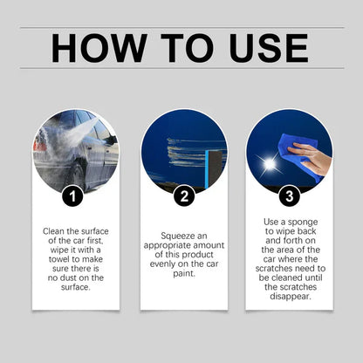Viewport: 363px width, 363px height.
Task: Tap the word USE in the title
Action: coord(264,49)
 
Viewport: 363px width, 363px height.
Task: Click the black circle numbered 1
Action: coord(76,195)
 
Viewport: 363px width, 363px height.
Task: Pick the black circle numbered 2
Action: coord(183,195)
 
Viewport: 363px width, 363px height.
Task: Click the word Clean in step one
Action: coord(54,231)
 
